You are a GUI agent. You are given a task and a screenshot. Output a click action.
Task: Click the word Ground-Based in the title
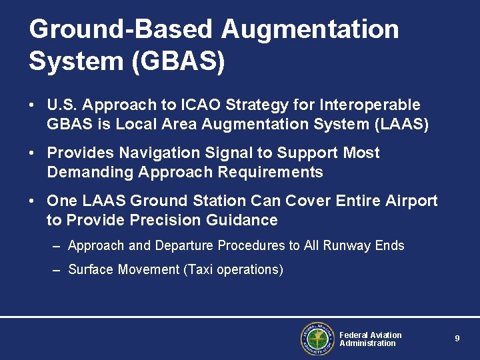(121, 30)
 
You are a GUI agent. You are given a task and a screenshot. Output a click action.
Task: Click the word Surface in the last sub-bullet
(91, 270)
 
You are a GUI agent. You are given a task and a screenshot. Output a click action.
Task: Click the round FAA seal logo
(317, 339)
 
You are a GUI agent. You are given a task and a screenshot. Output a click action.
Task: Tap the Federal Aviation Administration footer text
(370, 339)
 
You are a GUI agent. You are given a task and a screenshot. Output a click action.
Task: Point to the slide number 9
(457, 339)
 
